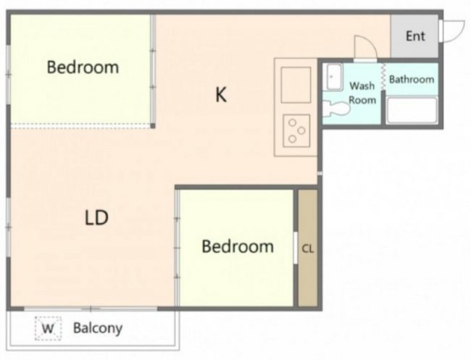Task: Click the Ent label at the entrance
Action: [x=415, y=36]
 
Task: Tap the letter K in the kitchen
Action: [x=221, y=94]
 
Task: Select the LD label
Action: [x=96, y=218]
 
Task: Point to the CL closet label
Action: [x=308, y=248]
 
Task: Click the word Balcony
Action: [x=98, y=328]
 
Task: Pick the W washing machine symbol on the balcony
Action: [x=48, y=328]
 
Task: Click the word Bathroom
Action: [x=412, y=79]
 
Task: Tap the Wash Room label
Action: [x=362, y=93]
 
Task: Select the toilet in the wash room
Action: [x=336, y=109]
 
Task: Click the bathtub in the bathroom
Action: [x=412, y=110]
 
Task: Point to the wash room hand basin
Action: [x=334, y=78]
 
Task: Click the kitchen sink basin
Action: [x=296, y=85]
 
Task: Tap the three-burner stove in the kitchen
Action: [x=296, y=131]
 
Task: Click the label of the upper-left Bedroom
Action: [x=83, y=67]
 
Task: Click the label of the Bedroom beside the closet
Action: [x=238, y=246]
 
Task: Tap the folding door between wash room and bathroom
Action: [x=383, y=77]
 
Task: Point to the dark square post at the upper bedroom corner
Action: [x=153, y=126]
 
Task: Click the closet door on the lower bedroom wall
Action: [x=296, y=248]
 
